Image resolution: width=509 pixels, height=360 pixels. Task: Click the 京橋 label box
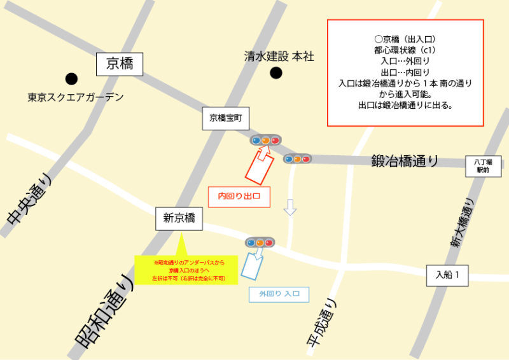(x=120, y=64)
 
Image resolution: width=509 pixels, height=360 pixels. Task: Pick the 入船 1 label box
(x=451, y=275)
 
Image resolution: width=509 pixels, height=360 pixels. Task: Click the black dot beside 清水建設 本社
(x=275, y=73)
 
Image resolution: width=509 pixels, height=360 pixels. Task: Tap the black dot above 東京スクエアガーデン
(x=71, y=79)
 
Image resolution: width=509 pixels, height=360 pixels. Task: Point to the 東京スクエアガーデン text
(x=75, y=98)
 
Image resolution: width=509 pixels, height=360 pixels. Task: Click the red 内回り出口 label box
(x=240, y=197)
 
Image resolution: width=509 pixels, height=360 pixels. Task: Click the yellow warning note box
(x=186, y=270)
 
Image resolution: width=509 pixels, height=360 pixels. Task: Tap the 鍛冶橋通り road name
(x=405, y=162)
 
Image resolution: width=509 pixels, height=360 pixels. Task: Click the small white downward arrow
(x=290, y=207)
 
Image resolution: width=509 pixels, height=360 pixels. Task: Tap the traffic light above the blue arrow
(x=260, y=242)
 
